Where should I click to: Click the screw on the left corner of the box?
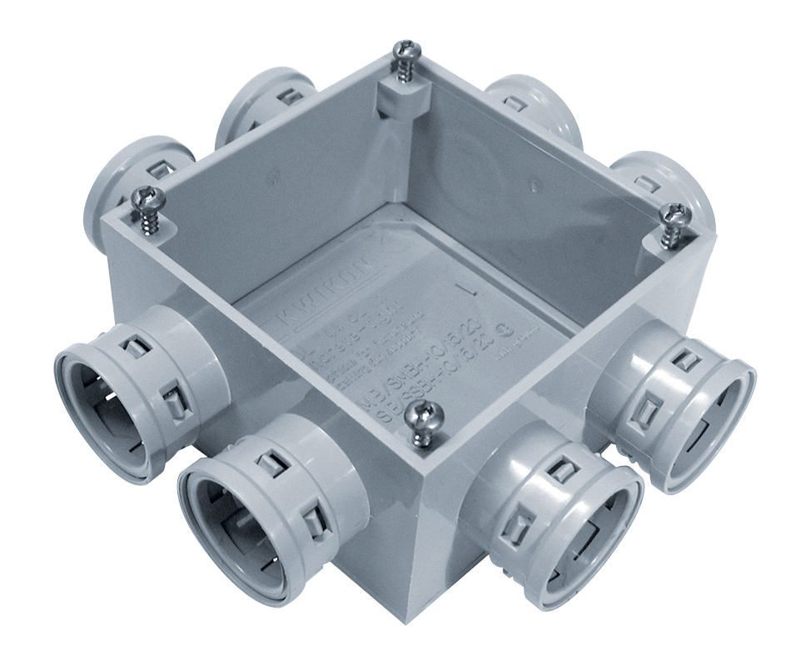[x=149, y=198]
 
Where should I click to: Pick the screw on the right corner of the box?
[x=675, y=214]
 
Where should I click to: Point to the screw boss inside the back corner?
[x=397, y=99]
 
